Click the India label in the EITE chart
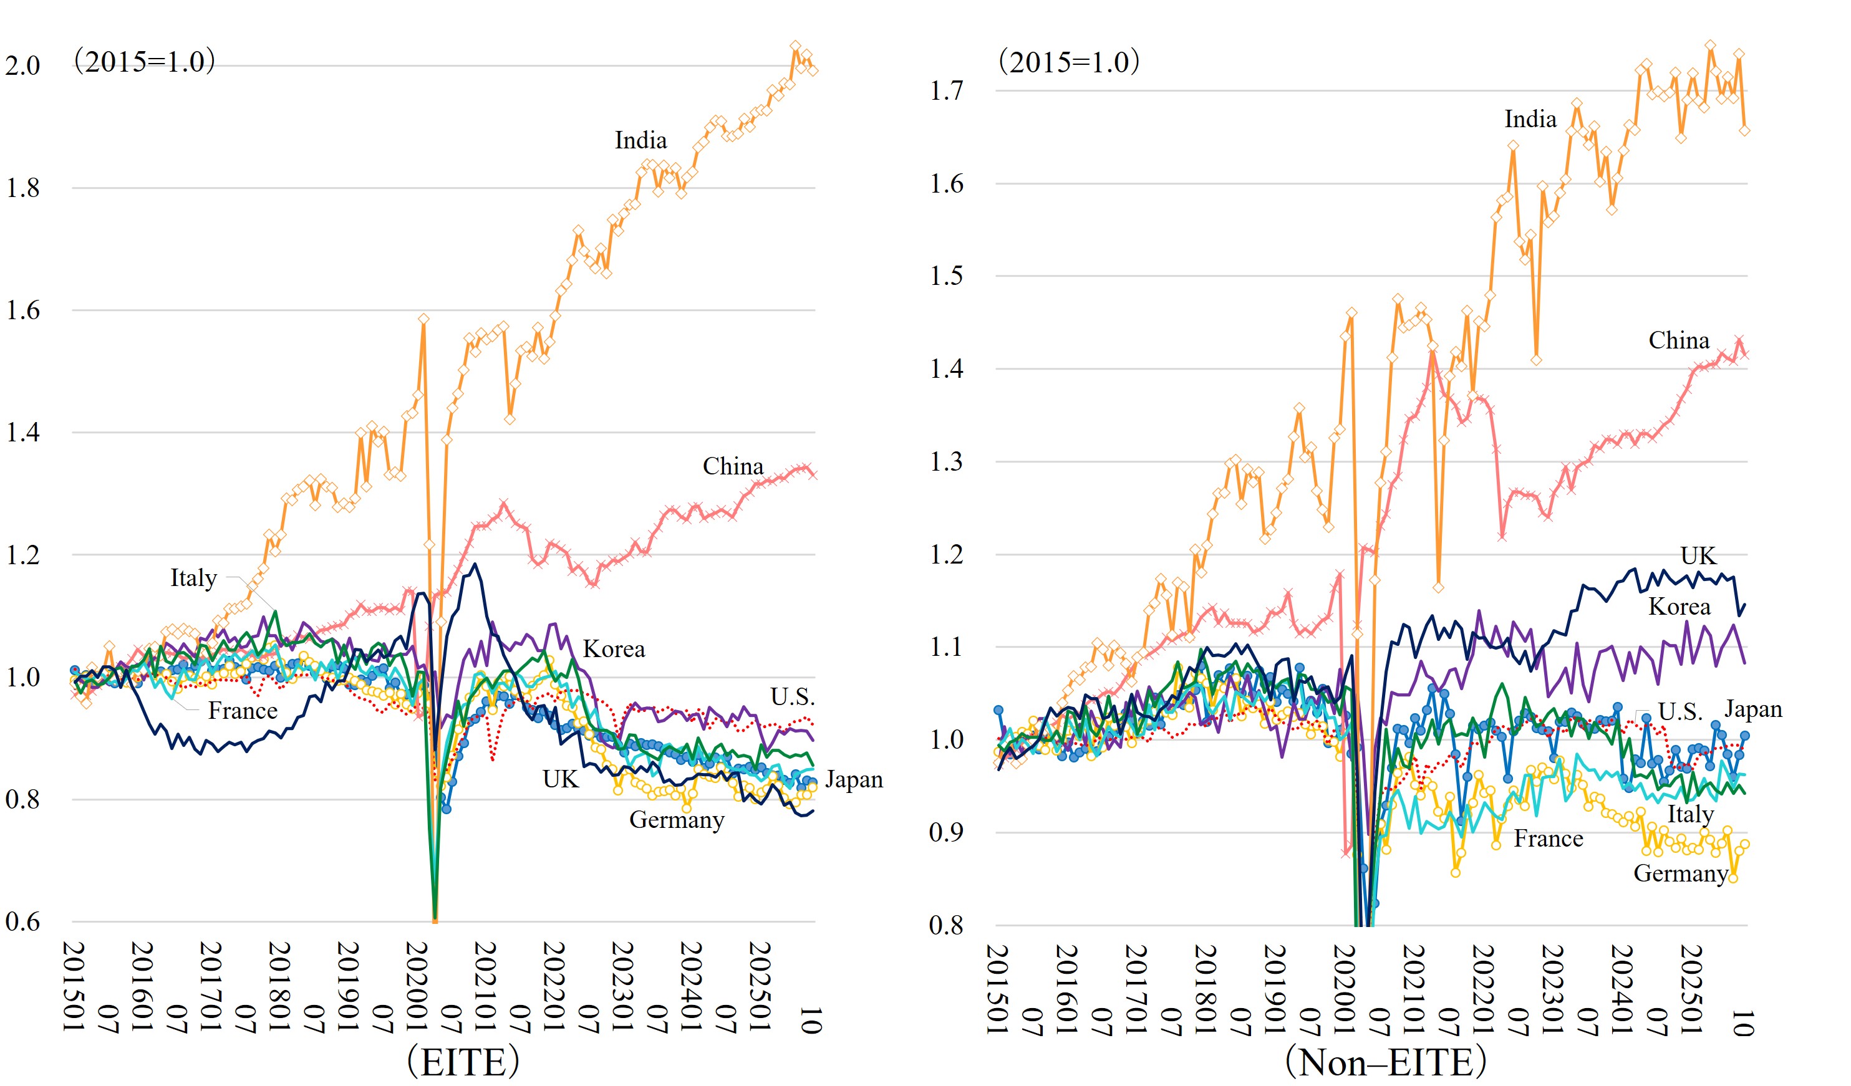click(x=640, y=140)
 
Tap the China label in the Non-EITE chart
click(x=1678, y=341)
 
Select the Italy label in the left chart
click(x=193, y=578)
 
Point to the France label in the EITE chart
click(x=243, y=711)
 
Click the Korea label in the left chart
click(x=614, y=649)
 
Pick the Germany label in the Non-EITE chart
click(x=1680, y=874)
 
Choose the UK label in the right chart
click(x=1698, y=556)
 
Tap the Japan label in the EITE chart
click(x=854, y=779)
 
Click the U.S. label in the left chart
click(x=793, y=696)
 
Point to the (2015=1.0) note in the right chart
click(x=1069, y=62)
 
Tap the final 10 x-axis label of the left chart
click(x=809, y=1021)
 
